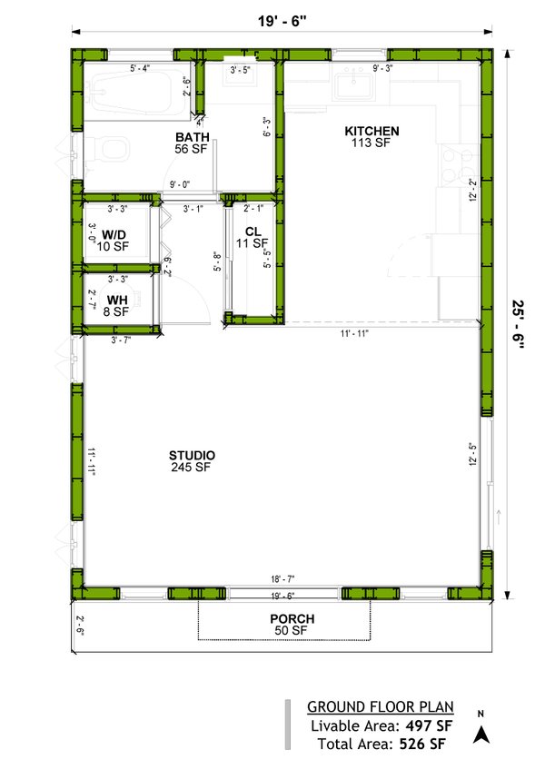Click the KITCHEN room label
point(372,132)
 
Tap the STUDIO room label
point(192,455)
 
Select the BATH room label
point(193,137)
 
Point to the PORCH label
point(291,618)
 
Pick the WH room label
point(117,299)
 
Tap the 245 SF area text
point(190,468)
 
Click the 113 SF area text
point(372,143)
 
